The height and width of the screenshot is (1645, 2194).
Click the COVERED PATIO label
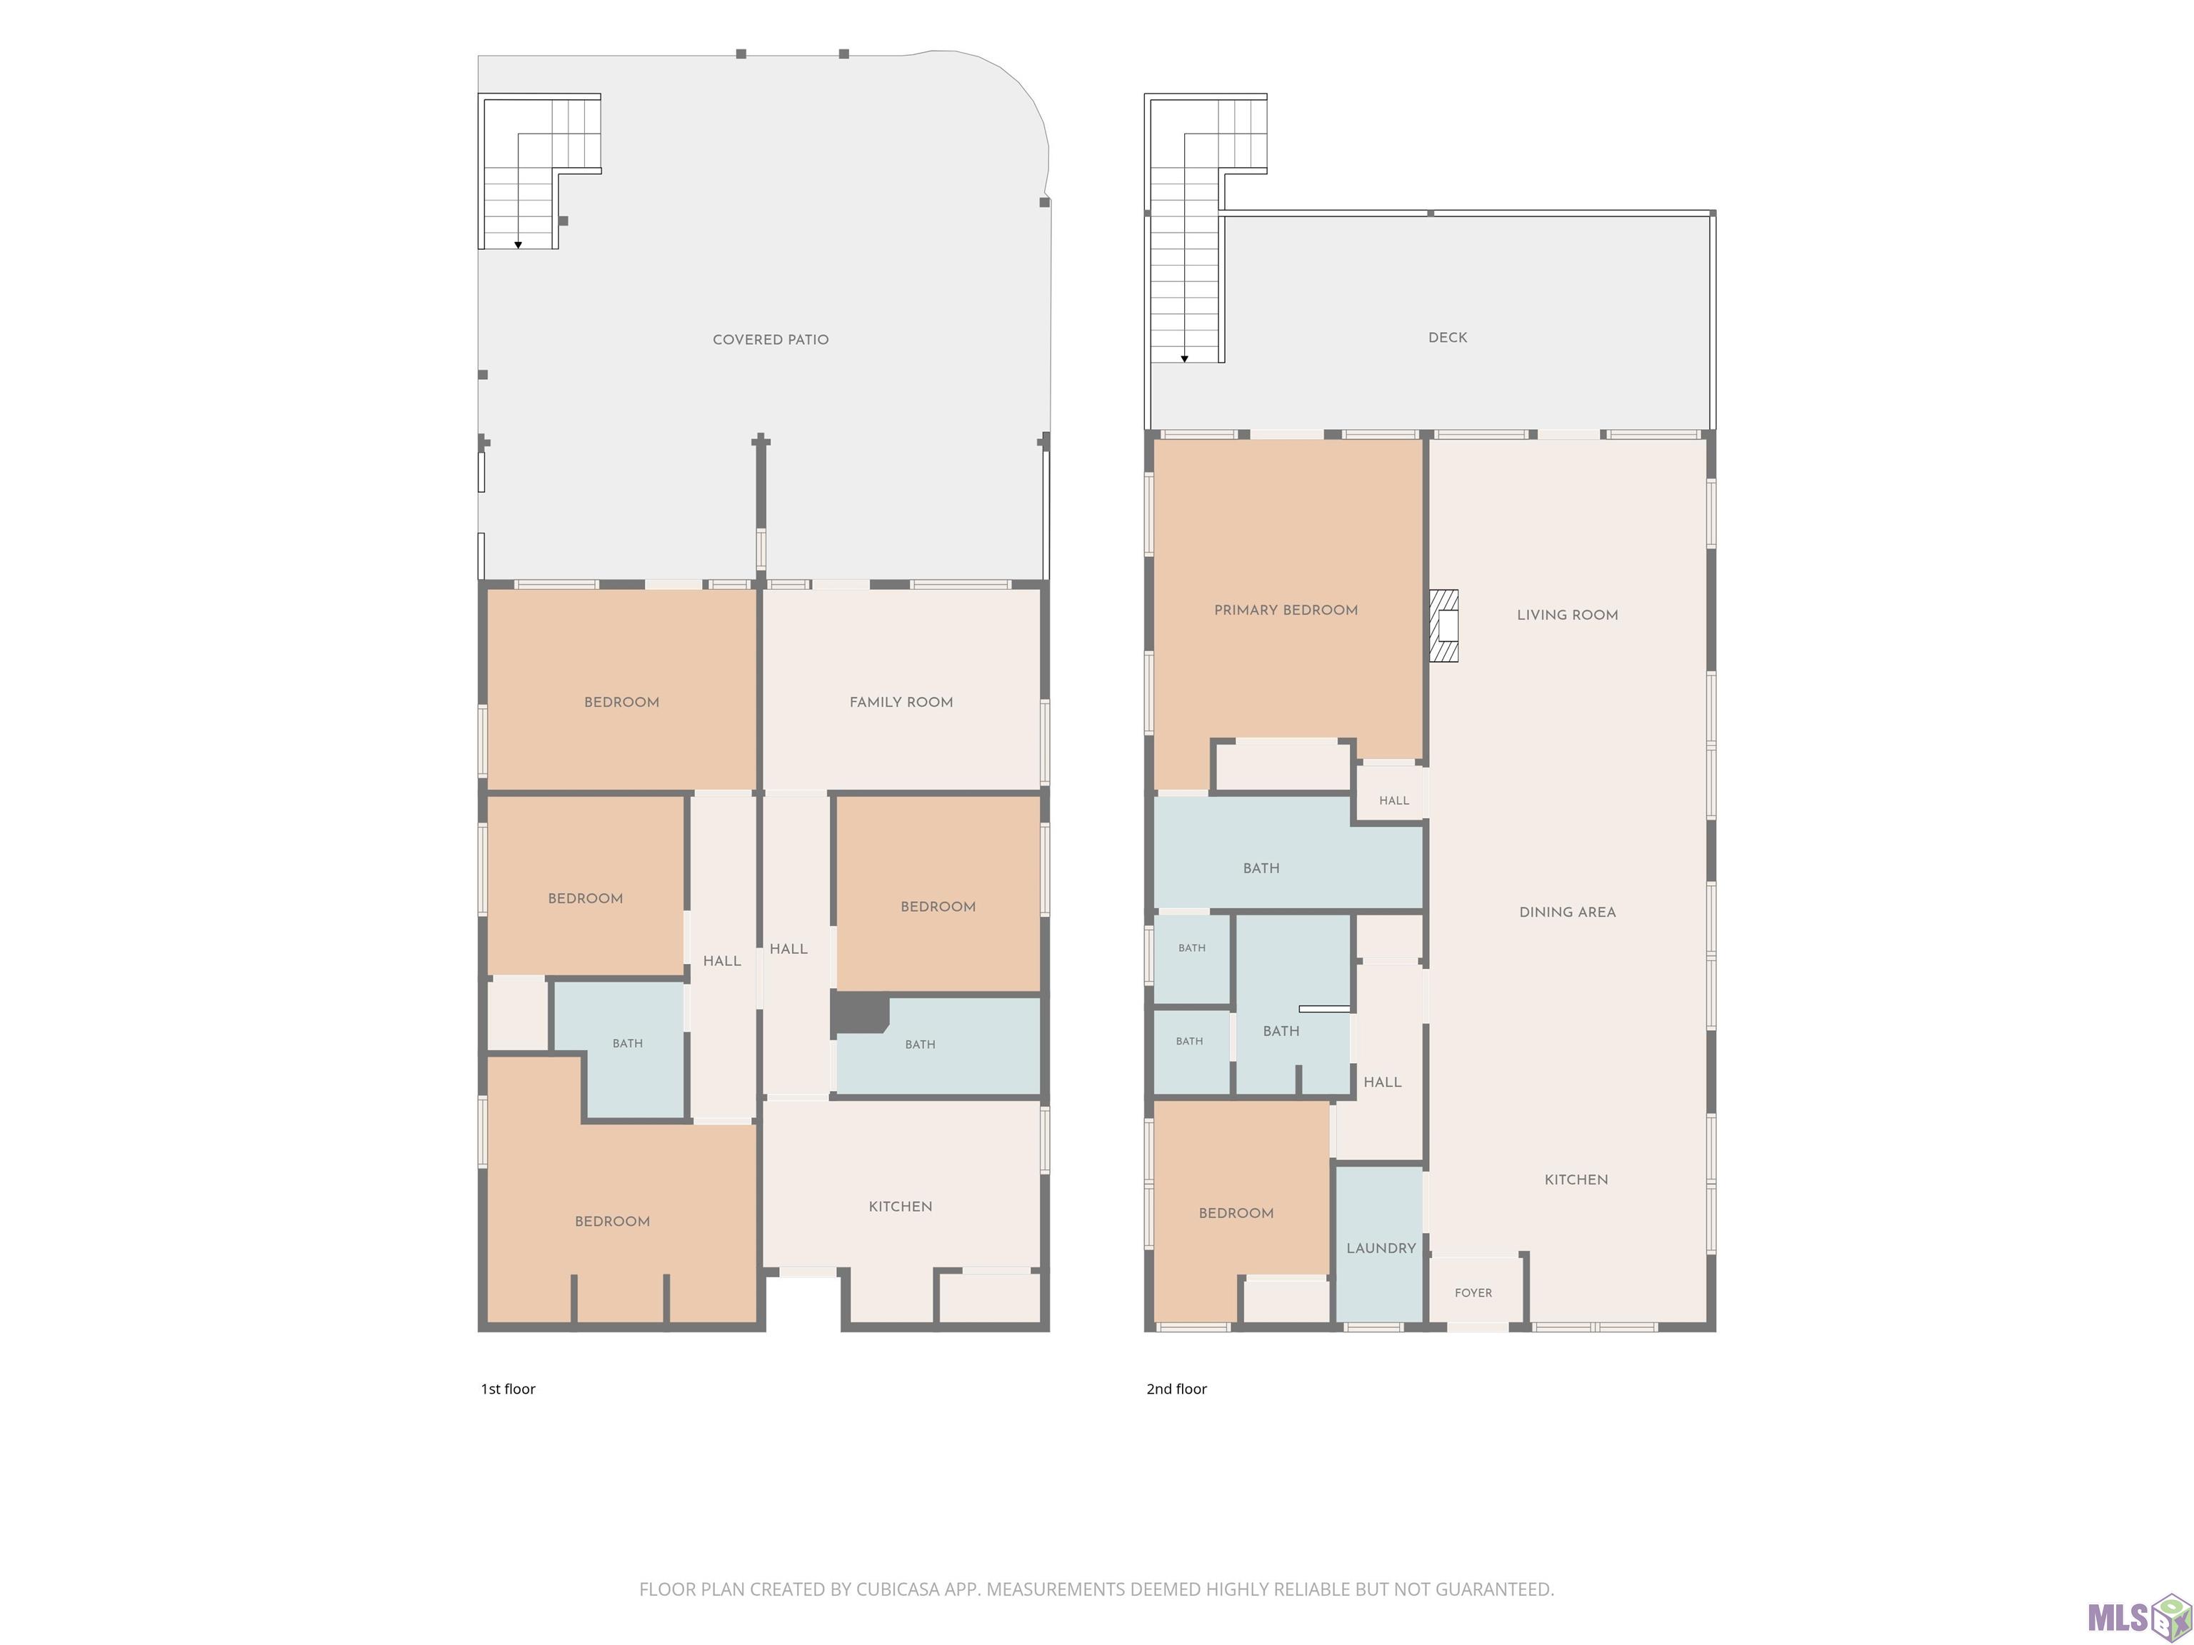click(771, 339)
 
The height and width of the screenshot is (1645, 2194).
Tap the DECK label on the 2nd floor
click(1447, 337)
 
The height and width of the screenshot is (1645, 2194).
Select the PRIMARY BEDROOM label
click(1286, 610)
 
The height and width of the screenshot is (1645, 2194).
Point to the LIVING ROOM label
click(1567, 615)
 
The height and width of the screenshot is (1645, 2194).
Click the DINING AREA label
click(1567, 912)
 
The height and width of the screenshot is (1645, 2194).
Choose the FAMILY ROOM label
click(901, 702)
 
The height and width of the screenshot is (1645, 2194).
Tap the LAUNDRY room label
click(1381, 1248)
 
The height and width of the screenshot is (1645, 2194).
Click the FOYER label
click(1473, 1293)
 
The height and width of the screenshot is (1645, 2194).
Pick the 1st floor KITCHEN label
click(900, 1207)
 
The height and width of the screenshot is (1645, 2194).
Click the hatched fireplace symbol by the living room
click(1443, 625)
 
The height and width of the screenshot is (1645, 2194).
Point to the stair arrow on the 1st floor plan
click(518, 244)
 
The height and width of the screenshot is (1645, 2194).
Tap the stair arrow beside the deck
click(1184, 358)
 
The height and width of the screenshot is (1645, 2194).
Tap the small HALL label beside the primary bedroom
click(1393, 800)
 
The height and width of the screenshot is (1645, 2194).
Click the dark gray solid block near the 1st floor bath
click(859, 1012)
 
